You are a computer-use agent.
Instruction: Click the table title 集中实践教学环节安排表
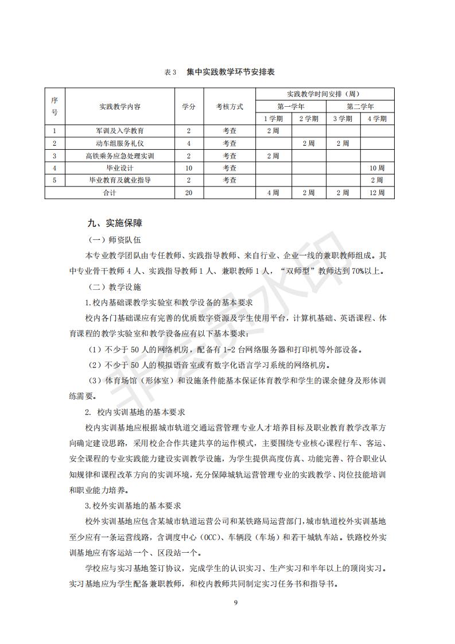tap(230, 72)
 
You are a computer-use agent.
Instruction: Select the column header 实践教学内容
tap(120, 106)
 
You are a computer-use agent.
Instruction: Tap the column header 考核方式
tap(230, 106)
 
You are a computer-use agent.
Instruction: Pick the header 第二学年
tap(360, 106)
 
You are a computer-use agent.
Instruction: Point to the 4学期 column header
tap(377, 119)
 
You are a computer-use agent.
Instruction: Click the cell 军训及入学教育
tap(120, 131)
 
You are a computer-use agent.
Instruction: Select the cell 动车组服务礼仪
tap(120, 143)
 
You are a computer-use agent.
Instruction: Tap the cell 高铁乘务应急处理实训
tap(120, 156)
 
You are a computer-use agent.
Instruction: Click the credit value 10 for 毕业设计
tap(189, 168)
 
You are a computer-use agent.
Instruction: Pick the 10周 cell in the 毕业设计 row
tap(377, 168)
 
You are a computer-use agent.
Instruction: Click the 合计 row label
tap(110, 193)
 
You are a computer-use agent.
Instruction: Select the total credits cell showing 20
tap(189, 193)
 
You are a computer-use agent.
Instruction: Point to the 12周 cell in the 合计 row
tap(377, 193)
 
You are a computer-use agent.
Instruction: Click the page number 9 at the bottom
tap(235, 602)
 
